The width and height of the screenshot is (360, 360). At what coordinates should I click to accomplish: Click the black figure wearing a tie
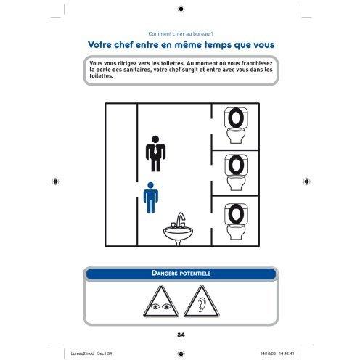click(x=155, y=154)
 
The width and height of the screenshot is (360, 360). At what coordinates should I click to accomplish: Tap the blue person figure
click(x=151, y=197)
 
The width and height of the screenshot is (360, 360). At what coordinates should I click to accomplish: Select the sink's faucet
click(x=179, y=220)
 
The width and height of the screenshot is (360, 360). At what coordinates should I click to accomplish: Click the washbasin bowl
click(x=178, y=233)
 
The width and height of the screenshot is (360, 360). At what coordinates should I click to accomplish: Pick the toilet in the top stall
click(x=236, y=126)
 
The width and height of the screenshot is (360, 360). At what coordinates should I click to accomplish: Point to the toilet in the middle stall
click(x=236, y=172)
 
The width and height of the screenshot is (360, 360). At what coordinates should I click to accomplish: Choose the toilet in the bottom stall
click(x=236, y=221)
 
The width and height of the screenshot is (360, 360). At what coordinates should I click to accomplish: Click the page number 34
click(x=181, y=335)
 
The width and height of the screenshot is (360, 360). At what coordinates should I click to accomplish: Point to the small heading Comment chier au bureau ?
click(x=181, y=34)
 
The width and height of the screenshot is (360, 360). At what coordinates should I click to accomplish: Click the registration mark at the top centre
click(x=181, y=9)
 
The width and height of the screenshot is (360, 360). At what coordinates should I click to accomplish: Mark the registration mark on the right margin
click(x=306, y=181)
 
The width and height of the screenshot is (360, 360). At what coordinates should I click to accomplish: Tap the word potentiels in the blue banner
click(x=195, y=274)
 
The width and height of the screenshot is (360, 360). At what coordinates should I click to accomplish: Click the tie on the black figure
click(x=155, y=150)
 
